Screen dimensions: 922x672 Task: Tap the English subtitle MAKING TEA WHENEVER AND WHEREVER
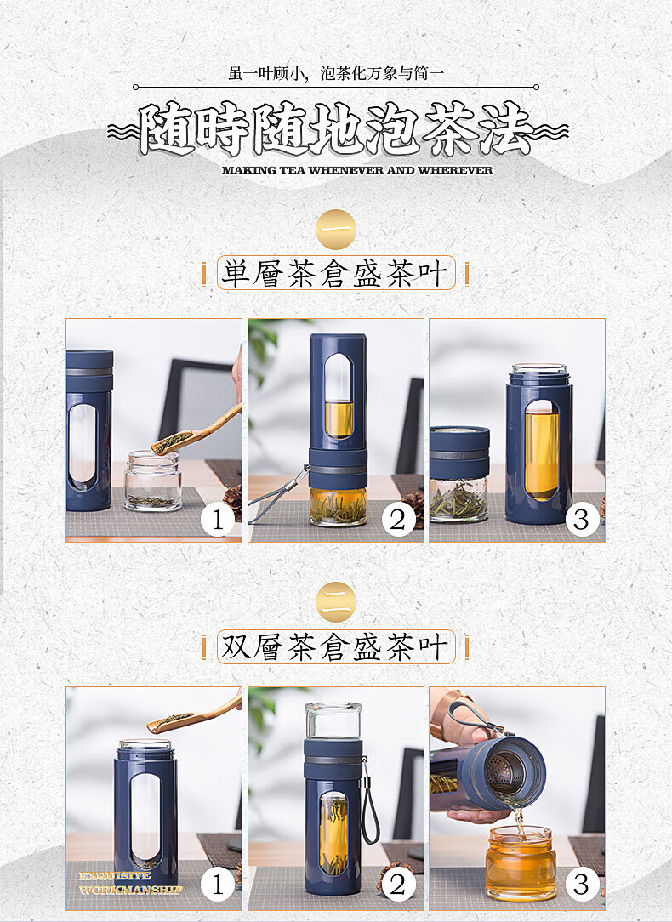pos(357,170)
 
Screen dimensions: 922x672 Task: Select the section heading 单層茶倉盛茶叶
pos(335,274)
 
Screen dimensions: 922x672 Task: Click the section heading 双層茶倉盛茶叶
pos(335,646)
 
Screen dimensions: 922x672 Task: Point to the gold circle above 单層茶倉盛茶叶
pos(335,230)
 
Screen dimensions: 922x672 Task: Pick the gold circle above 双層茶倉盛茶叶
pos(335,602)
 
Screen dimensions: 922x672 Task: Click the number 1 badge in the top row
pos(217,519)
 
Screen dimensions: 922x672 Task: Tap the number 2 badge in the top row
pos(398,519)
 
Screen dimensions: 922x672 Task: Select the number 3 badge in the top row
pos(581,519)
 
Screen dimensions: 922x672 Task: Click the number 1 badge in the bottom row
pos(217,885)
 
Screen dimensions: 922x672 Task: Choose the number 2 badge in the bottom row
pos(398,885)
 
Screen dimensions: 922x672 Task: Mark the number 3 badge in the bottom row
pos(581,885)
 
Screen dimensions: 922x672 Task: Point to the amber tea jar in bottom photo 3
pos(520,864)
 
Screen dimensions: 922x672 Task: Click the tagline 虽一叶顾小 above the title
pos(335,73)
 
